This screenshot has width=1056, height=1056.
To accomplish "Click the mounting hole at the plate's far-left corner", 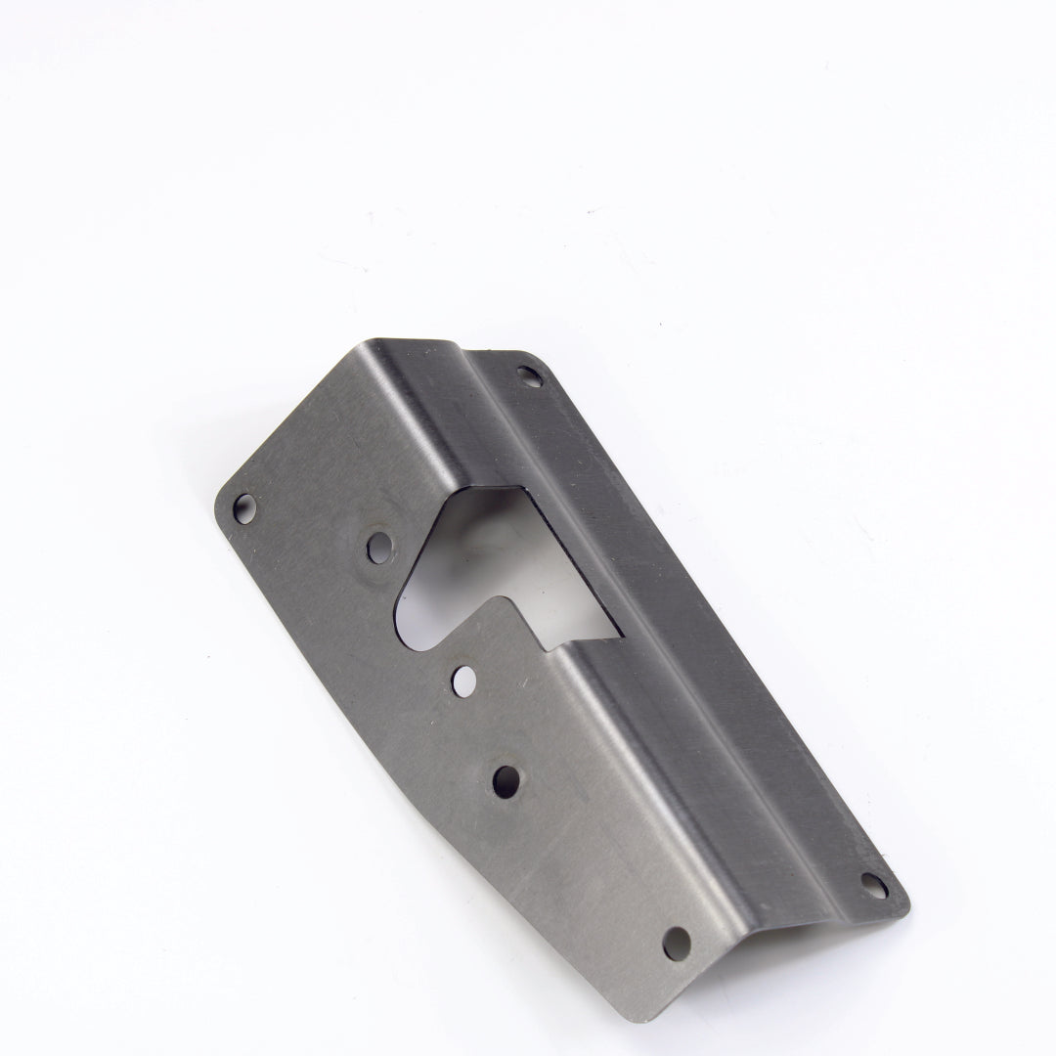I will [243, 506].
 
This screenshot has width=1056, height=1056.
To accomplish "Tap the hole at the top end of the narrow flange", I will [527, 374].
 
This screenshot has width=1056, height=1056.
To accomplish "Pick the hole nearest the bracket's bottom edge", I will [676, 943].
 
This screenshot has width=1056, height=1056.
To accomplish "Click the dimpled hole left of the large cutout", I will [378, 546].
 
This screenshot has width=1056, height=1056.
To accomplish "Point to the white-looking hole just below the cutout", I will [462, 676].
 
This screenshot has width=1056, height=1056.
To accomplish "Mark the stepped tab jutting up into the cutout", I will [508, 626].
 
